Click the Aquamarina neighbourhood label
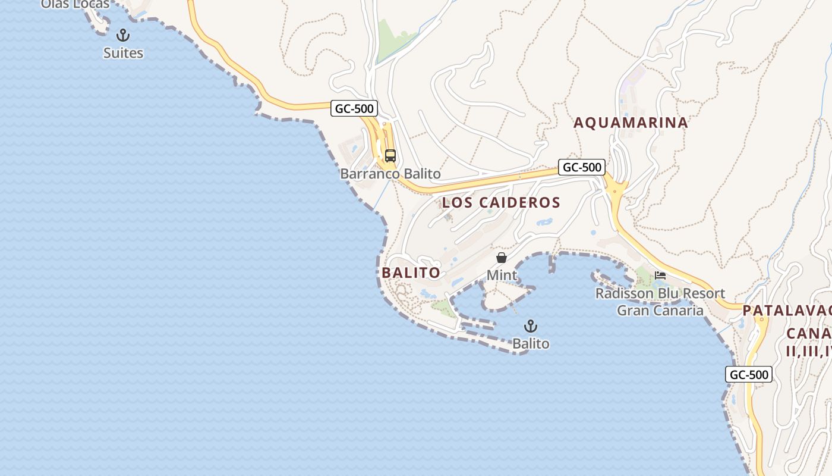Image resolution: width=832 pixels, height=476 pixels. coord(631,123)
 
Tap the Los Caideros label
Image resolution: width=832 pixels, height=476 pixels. coord(501,202)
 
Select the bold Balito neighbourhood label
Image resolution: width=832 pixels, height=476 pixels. coord(411,273)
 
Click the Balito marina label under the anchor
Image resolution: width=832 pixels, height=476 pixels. coord(531,343)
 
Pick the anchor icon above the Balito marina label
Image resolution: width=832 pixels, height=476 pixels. coord(531,326)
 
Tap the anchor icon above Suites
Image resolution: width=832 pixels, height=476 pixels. coord(123,35)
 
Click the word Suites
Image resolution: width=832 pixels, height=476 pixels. coord(123,53)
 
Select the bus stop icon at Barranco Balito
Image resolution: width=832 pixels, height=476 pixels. coord(390,156)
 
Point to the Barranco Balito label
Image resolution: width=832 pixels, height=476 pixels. coord(390,174)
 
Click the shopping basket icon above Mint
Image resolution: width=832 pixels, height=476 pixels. coord(502,258)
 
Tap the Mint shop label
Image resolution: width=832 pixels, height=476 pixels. coord(502,275)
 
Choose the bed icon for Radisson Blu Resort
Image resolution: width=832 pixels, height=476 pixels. coord(660,275)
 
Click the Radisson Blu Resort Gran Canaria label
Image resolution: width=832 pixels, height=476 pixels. coord(660,302)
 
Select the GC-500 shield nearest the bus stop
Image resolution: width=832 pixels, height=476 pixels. coord(354,108)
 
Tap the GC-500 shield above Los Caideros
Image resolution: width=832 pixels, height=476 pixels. coord(582,167)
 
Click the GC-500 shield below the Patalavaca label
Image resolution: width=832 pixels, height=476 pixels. coord(749,375)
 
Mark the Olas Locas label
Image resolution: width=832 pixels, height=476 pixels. coord(75,4)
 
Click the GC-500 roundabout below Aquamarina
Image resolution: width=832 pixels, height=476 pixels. coord(615,190)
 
